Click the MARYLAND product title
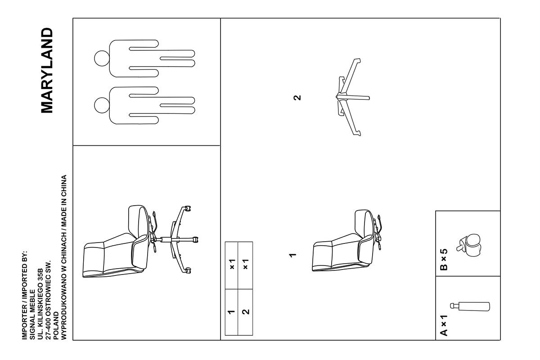point(47,70)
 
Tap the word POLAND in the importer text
point(56,326)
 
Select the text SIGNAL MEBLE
point(32,315)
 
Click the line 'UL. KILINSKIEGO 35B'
point(40,304)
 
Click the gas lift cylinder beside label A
point(470,306)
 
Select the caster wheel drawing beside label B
point(468,245)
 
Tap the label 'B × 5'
point(444,260)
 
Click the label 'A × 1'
point(444,325)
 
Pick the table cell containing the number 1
point(231,312)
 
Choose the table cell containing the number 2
point(245,312)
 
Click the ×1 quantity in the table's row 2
point(245,264)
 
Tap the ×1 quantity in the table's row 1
point(232,264)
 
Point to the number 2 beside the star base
point(297,98)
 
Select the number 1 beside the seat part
point(292,255)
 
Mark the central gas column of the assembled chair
point(166,239)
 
